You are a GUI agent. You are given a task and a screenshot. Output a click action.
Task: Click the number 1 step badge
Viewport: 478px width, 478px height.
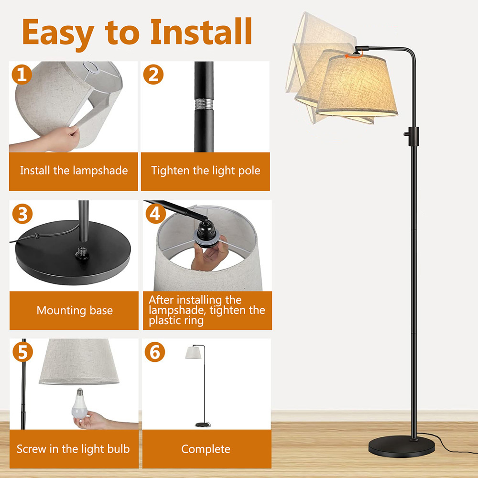22,74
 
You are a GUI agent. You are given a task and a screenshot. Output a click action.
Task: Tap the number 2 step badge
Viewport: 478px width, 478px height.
153,74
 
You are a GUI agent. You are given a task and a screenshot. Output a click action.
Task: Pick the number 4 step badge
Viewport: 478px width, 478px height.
155,213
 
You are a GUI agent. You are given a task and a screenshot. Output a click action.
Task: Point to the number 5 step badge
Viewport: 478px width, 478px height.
22,352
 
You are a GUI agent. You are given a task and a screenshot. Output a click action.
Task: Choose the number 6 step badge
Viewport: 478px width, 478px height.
155,352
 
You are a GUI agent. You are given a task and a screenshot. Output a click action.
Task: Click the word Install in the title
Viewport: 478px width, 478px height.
201,32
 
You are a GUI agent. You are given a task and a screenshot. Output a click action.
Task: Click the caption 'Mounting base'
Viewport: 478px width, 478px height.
75,310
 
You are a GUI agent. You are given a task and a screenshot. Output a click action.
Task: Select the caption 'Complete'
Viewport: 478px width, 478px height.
206,449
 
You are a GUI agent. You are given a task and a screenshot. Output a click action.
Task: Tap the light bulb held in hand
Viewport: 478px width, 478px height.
79,404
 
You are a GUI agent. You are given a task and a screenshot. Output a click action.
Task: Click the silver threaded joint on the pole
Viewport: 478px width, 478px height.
204,104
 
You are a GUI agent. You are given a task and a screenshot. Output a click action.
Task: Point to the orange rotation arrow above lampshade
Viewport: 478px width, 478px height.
354,56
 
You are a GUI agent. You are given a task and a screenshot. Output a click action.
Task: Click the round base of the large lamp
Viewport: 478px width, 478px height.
402,446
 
